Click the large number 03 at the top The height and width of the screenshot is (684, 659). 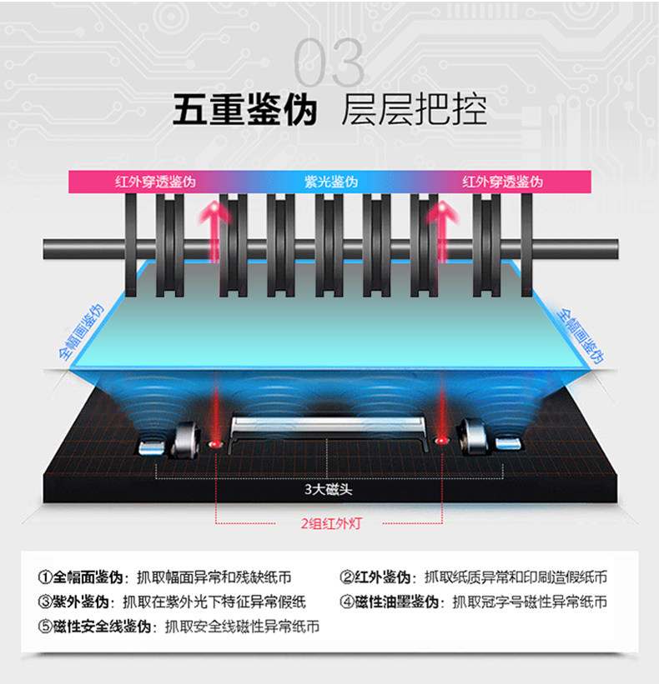point(329,63)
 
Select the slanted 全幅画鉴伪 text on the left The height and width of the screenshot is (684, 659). point(81,331)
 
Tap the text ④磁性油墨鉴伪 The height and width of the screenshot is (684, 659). point(391,602)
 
